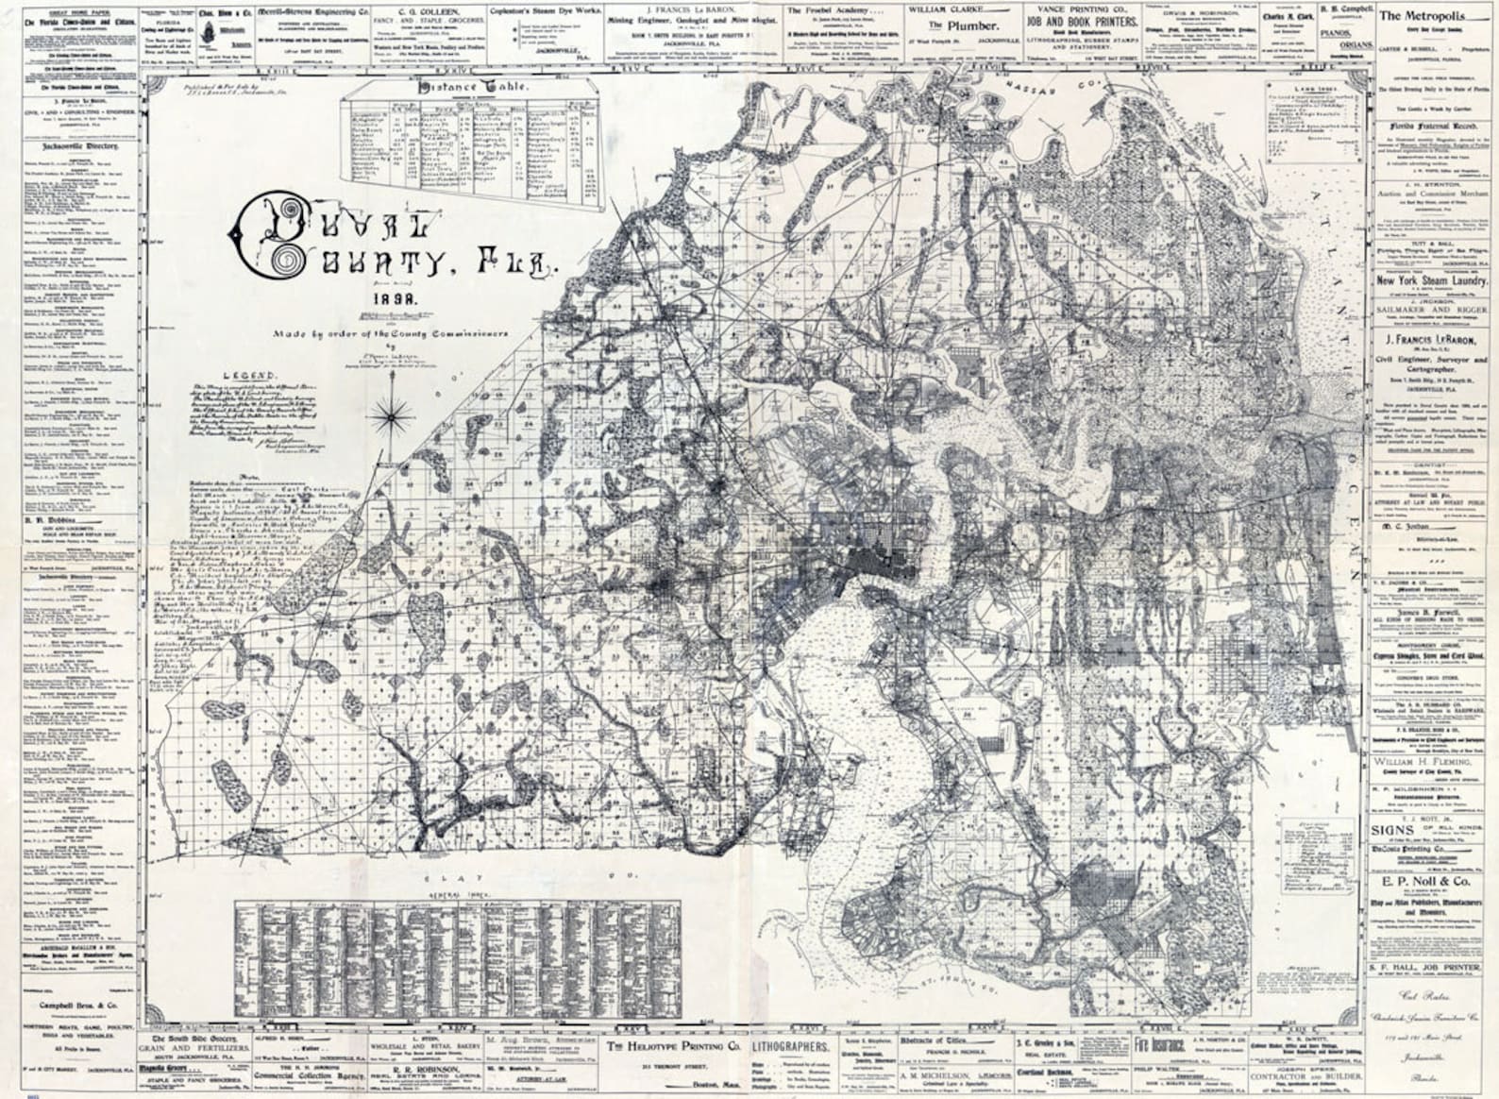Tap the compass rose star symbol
pyautogui.click(x=392, y=412)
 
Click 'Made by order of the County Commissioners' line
pyautogui.click(x=391, y=333)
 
